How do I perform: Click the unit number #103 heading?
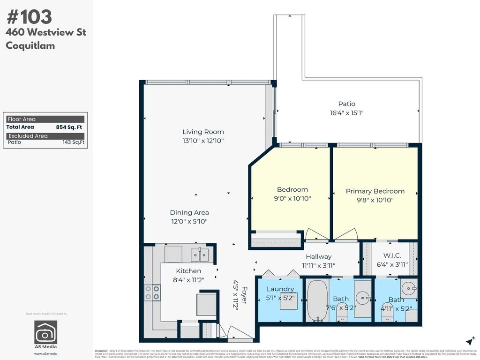pos(29,17)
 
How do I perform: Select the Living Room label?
pos(203,132)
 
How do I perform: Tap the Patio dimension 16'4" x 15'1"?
pos(347,112)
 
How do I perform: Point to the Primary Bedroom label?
pos(375,191)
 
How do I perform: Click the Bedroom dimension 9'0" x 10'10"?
pos(292,198)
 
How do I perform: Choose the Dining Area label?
pos(189,212)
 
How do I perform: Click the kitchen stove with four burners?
pos(152,293)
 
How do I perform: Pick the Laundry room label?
pos(280,289)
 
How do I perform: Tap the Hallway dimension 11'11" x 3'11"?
pos(319,265)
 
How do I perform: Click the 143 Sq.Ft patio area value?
pos(74,142)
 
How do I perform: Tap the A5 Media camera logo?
pos(46,332)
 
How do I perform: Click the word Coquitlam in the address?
pos(30,45)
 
